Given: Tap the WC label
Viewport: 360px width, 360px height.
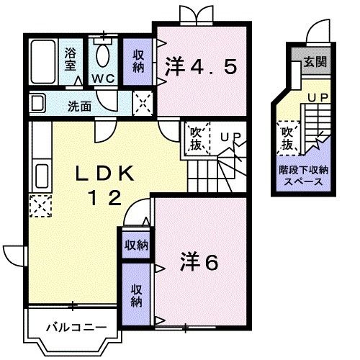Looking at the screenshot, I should [101, 78].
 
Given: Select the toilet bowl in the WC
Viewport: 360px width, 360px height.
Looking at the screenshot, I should [102, 54].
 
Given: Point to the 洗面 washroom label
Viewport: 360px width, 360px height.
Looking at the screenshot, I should [79, 107].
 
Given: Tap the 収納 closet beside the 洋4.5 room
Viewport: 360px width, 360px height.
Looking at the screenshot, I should [138, 61].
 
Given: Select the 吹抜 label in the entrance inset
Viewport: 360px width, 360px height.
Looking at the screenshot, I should [287, 138].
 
